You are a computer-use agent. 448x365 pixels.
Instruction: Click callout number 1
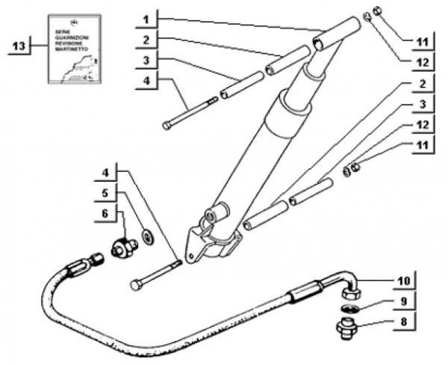click(147, 16)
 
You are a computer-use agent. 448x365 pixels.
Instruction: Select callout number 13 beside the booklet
click(19, 46)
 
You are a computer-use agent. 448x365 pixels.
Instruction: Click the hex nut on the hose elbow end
click(354, 288)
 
